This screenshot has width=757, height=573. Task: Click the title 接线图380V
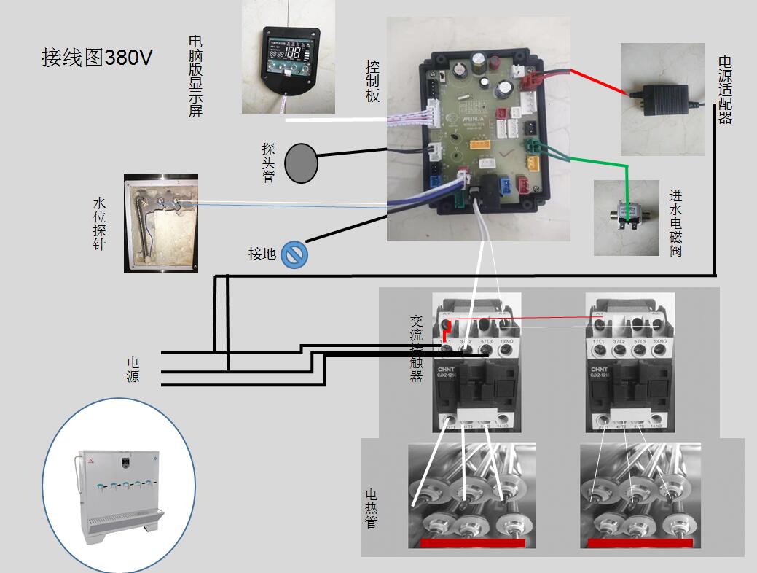(97, 58)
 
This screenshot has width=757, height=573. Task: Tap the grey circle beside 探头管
(301, 163)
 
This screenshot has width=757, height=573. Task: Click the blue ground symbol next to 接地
(294, 254)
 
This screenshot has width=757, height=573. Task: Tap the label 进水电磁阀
(676, 223)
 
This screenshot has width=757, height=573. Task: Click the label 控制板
(373, 80)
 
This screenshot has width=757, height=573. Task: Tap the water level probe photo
(161, 223)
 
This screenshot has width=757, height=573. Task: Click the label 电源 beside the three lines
(133, 370)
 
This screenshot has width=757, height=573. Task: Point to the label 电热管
(372, 508)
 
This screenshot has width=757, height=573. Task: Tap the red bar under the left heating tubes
(473, 543)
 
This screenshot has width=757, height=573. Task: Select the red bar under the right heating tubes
(640, 543)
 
